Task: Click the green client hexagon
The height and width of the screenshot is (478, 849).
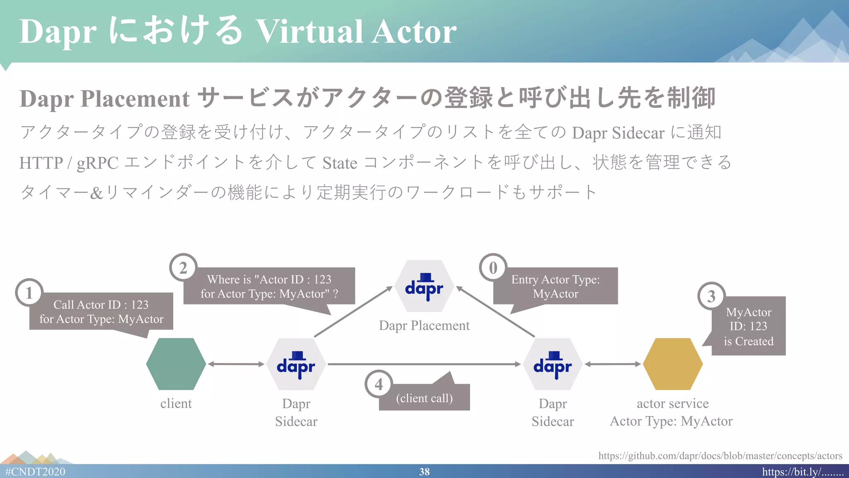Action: click(x=176, y=364)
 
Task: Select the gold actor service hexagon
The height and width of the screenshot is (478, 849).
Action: click(x=672, y=364)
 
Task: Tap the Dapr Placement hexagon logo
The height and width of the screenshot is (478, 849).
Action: click(x=424, y=286)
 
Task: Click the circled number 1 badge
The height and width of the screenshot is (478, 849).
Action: click(x=29, y=293)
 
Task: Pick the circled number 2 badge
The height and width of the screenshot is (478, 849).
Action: click(x=183, y=268)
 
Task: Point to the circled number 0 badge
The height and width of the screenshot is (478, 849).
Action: click(x=493, y=268)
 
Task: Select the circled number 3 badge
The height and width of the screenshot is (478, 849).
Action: click(x=711, y=296)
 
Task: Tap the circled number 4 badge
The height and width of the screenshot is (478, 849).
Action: click(x=378, y=384)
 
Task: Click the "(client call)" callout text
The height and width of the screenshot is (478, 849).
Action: click(x=424, y=398)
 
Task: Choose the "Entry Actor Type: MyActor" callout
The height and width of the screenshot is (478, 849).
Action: click(x=555, y=286)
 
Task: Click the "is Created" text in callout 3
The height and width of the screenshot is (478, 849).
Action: click(x=749, y=341)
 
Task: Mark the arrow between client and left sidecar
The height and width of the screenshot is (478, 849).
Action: click(x=236, y=364)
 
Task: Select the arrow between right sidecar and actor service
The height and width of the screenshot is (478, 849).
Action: click(x=613, y=364)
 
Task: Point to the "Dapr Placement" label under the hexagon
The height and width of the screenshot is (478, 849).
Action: click(x=424, y=326)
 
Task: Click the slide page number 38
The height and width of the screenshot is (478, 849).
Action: click(x=424, y=472)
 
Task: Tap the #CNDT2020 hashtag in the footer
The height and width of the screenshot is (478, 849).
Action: click(x=35, y=472)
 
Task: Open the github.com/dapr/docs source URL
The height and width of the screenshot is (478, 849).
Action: click(x=720, y=456)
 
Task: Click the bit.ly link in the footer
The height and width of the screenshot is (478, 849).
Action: click(x=803, y=472)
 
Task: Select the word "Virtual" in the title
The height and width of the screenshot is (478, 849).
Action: click(x=309, y=32)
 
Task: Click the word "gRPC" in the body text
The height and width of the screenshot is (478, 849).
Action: click(x=97, y=163)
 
